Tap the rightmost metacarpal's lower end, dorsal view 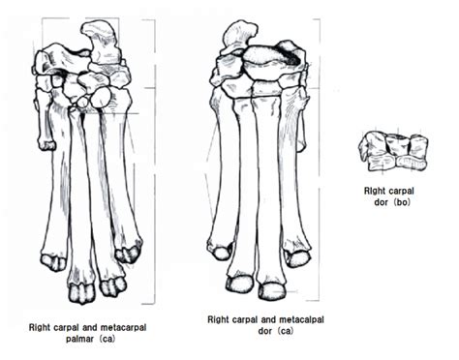pos(298,257)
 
